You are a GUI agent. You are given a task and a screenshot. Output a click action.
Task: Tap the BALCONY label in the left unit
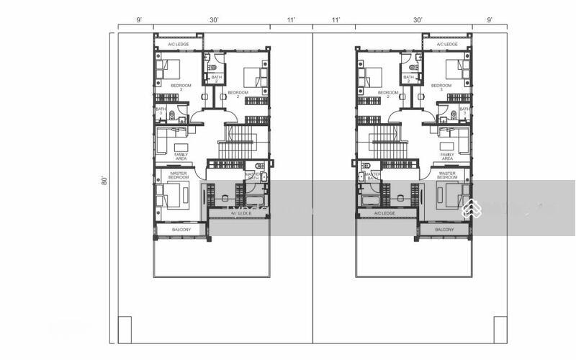181,230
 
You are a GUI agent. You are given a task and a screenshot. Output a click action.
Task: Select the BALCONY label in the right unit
444,230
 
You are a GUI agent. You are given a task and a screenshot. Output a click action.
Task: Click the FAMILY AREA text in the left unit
181,156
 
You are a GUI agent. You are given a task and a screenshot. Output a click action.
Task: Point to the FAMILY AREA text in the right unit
446,156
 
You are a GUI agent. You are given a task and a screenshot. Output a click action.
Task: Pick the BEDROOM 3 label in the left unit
181,88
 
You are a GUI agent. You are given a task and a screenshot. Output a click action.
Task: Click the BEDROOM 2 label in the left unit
238,94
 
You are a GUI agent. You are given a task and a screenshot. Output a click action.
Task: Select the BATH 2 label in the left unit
216,79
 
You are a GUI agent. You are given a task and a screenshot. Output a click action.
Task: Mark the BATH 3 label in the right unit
464,111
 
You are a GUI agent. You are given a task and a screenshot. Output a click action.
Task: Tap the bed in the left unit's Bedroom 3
171,70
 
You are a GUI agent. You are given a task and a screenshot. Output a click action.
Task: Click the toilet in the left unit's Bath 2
213,67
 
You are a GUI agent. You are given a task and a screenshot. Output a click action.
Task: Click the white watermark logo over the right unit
471,209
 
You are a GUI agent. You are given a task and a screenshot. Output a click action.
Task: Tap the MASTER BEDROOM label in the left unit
179,175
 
